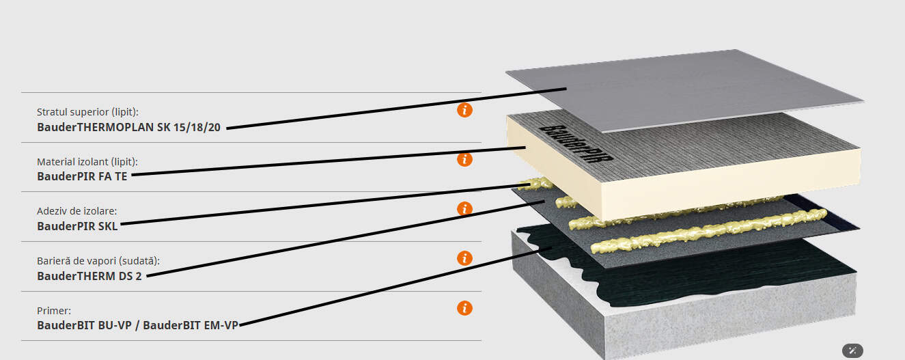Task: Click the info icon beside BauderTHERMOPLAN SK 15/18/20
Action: tap(464, 110)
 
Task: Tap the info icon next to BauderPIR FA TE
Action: tap(464, 160)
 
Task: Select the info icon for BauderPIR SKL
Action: tap(464, 209)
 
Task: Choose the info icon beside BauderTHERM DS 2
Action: tap(464, 258)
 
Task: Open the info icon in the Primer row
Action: tap(464, 308)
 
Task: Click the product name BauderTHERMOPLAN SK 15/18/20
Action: tap(128, 127)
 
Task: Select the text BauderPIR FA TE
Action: tap(83, 176)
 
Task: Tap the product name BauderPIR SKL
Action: tap(77, 226)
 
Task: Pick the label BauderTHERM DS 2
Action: tap(89, 276)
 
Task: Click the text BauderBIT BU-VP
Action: tap(84, 325)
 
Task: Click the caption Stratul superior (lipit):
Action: tap(92, 112)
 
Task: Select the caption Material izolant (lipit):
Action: tap(87, 162)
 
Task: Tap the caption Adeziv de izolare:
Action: tap(72, 211)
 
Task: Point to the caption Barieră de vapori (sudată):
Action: tap(98, 261)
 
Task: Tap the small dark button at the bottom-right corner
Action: tap(852, 350)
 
